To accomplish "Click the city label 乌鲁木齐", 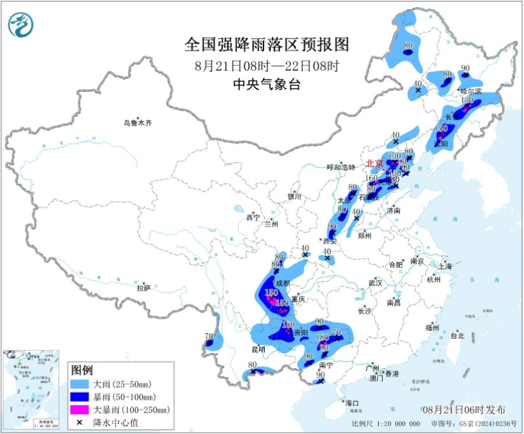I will click(137, 123).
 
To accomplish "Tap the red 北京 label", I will click(374, 163).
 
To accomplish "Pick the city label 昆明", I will click(258, 349).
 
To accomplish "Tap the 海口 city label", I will click(352, 403).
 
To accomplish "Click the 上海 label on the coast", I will click(445, 266).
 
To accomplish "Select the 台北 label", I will click(457, 336).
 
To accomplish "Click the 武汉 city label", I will click(375, 283).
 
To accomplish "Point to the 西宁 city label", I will click(253, 218).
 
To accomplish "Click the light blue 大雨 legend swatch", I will click(80, 384).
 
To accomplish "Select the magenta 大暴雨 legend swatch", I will click(80, 410).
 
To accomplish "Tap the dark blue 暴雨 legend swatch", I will click(80, 397).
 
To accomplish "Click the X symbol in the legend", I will click(80, 422).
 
